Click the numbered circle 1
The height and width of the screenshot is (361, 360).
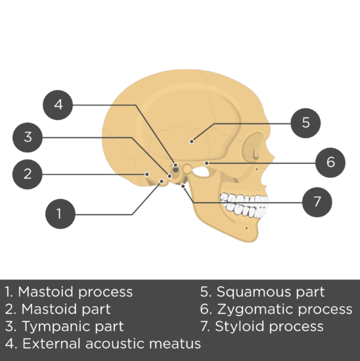click(x=60, y=214)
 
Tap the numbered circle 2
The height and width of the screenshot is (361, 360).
click(x=28, y=175)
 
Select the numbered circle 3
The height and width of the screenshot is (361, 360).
click(x=28, y=137)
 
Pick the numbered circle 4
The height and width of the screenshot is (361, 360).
click(x=58, y=105)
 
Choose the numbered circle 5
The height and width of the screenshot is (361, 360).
click(x=305, y=123)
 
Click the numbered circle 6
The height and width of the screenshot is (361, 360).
click(x=330, y=163)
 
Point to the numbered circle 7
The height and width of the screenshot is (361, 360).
click(x=317, y=202)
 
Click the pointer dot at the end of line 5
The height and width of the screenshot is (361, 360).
click(x=192, y=141)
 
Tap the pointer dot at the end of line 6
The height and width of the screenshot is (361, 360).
click(x=207, y=163)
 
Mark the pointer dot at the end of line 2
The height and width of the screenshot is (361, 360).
click(x=146, y=175)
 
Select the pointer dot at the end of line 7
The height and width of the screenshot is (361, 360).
click(x=183, y=186)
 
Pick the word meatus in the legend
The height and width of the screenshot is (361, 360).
click(x=175, y=344)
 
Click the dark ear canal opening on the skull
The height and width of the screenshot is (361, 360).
click(x=175, y=170)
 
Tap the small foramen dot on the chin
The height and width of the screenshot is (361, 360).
click(x=246, y=228)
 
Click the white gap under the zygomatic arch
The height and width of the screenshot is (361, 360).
click(x=201, y=171)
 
